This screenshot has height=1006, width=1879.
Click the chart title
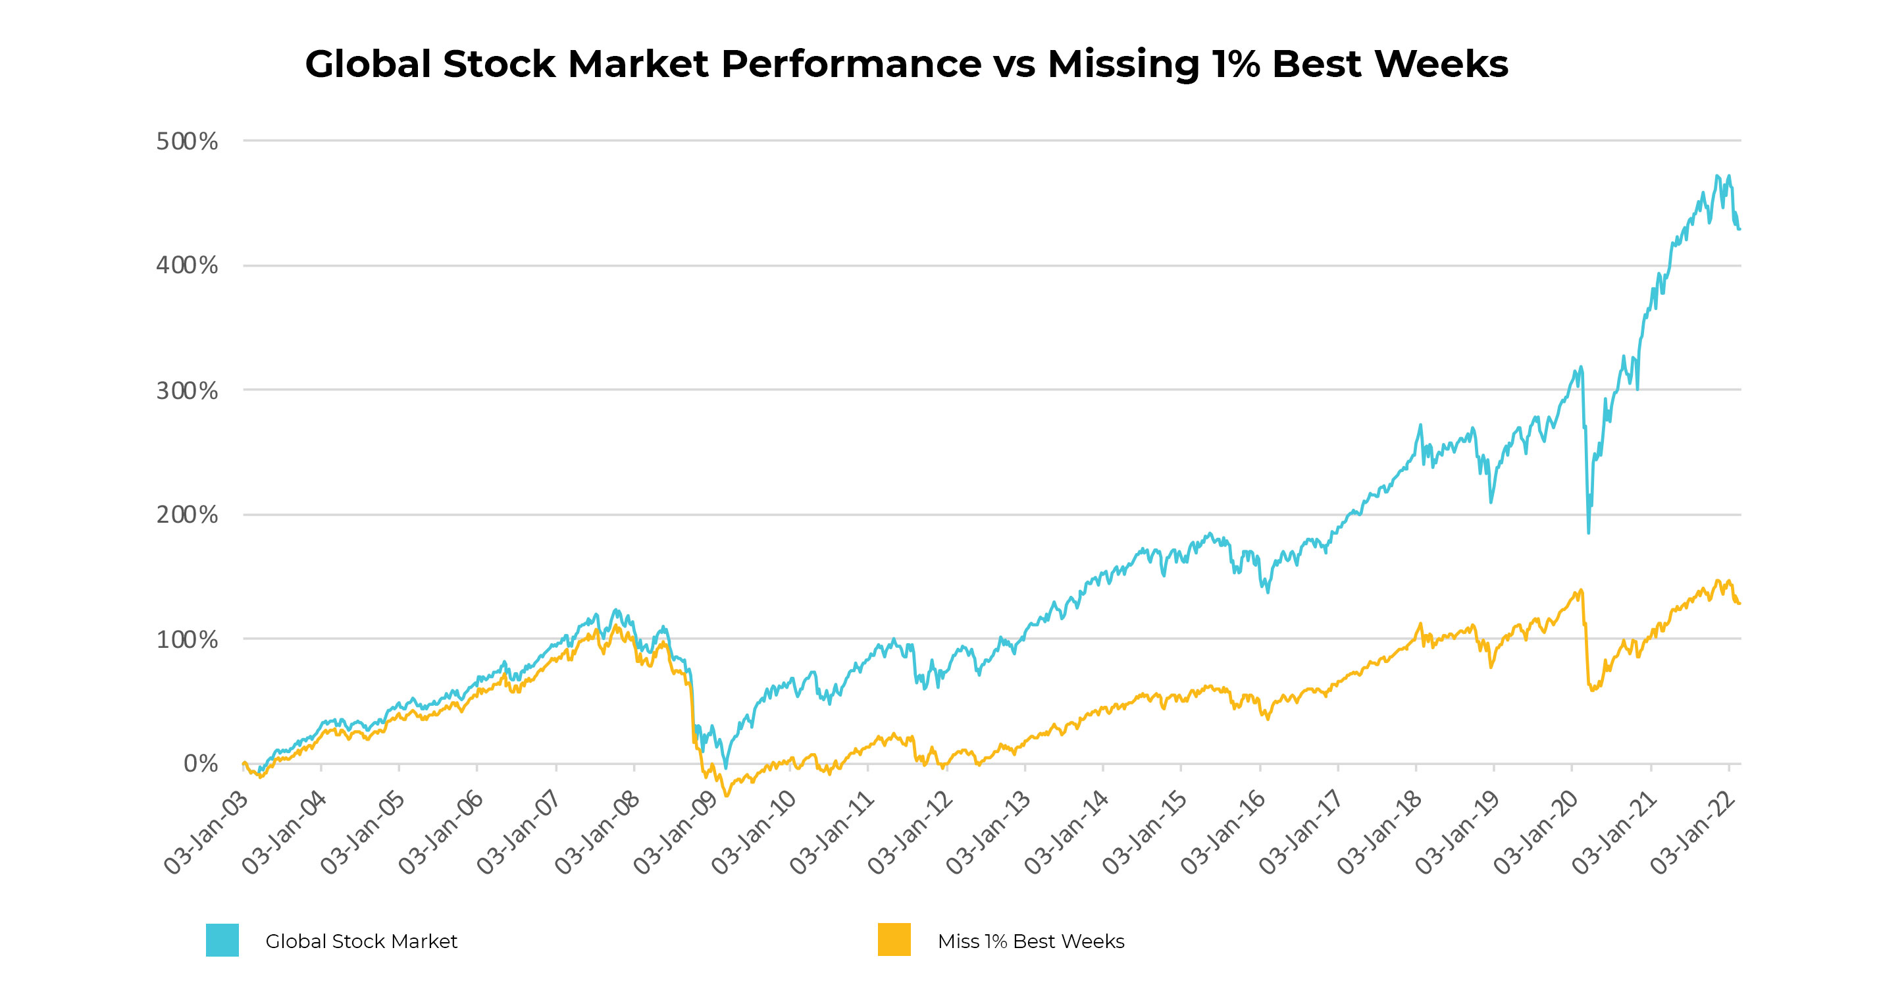pyautogui.click(x=906, y=65)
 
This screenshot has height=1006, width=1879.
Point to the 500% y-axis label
pyautogui.click(x=187, y=142)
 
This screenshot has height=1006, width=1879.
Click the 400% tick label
pyautogui.click(x=187, y=265)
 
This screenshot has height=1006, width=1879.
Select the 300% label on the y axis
pyautogui.click(x=187, y=391)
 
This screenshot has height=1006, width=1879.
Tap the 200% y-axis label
pyautogui.click(x=187, y=515)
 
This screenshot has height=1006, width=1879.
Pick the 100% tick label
pyautogui.click(x=187, y=640)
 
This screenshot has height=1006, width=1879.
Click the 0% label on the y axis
pyautogui.click(x=201, y=764)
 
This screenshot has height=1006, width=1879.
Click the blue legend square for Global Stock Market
pyautogui.click(x=222, y=940)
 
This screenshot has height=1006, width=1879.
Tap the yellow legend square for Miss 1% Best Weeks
pyautogui.click(x=894, y=940)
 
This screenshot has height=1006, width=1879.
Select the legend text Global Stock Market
pyautogui.click(x=361, y=941)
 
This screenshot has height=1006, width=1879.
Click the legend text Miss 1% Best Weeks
pyautogui.click(x=1031, y=941)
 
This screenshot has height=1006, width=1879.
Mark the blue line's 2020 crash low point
pyautogui.click(x=1588, y=533)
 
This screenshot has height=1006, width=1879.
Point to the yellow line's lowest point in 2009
pyautogui.click(x=726, y=795)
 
